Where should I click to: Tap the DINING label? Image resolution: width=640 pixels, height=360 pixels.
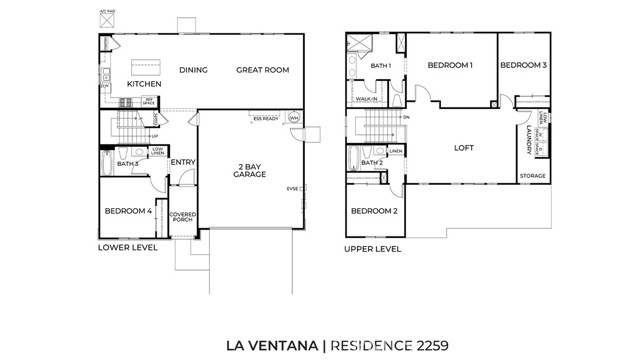(193, 70)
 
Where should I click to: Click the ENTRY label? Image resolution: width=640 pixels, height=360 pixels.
(182, 162)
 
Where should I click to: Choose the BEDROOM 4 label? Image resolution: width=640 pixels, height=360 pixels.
(127, 211)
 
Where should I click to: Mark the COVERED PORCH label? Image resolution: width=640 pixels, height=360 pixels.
(182, 218)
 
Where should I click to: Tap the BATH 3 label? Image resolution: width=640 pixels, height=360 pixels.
(127, 163)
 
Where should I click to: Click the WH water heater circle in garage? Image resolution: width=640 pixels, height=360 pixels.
(294, 118)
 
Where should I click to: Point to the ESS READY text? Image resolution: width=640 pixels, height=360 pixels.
(264, 117)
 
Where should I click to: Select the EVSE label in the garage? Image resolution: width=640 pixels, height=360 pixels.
(293, 188)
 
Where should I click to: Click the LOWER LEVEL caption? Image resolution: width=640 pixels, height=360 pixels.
(128, 247)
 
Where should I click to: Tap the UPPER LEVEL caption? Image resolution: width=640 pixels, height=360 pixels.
(373, 248)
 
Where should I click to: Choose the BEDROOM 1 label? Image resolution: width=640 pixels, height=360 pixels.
(450, 65)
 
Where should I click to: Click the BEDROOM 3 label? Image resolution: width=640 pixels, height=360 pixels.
(523, 65)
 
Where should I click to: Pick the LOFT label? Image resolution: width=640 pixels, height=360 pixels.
(463, 148)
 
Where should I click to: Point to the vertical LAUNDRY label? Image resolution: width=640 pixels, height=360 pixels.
(527, 139)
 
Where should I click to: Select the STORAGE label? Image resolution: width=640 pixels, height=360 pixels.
(532, 176)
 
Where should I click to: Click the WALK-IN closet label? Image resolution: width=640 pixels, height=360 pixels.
(366, 100)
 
